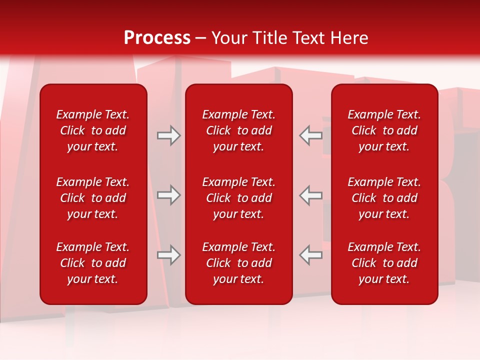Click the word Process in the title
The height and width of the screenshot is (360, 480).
coord(157,38)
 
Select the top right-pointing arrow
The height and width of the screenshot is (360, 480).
coord(169,135)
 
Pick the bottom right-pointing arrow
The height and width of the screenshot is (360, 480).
coord(169,255)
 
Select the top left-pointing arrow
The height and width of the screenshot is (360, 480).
coord(311,135)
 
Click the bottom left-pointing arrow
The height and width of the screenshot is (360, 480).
coord(311,255)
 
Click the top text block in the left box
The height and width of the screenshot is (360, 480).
coord(93,130)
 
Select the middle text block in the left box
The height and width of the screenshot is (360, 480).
coord(93,198)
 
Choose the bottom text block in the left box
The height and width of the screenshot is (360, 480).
coord(93,263)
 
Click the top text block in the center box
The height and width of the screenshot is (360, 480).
coord(239,130)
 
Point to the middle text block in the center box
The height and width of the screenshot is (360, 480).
coord(239,198)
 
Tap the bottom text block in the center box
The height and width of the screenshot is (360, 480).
coord(239,263)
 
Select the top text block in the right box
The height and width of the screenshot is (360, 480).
coord(384,130)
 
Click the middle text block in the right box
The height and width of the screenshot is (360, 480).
coord(384,198)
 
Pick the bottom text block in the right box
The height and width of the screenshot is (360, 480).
coord(384,263)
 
